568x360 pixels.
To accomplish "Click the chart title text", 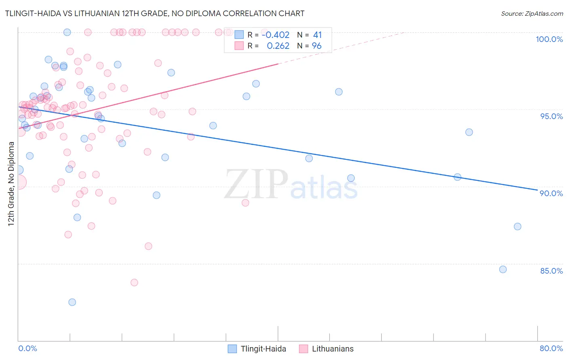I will coord(155,14).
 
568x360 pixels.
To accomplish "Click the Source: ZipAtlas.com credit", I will coord(532,14).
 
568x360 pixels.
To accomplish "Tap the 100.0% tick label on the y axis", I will coord(549,39).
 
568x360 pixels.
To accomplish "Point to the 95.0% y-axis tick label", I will coord(551,116).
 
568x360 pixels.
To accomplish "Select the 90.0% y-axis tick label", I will coord(551,193).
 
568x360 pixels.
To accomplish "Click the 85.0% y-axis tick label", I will coord(551,271).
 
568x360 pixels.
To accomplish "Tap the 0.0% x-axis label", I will coord(27,348).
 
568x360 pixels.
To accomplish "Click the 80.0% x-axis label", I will coord(551,348).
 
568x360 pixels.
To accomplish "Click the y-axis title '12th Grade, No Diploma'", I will coord(11,184).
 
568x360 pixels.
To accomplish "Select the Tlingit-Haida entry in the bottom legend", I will coord(263,349).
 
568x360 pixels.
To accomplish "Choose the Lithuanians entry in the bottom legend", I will coord(332,349).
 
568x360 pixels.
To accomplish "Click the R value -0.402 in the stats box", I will coord(276,35).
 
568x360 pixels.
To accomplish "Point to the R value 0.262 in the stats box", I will coord(278,46).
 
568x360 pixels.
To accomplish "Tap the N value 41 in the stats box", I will coord(317,35).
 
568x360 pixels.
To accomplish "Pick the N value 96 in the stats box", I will coord(317,46).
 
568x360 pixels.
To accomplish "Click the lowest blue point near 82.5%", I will coord(72,302).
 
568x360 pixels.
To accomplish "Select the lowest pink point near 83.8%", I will coord(135,283).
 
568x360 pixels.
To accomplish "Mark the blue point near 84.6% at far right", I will coord(503,270).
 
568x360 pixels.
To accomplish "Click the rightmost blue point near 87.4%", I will coord(518,226).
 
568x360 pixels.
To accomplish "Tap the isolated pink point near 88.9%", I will coord(245,203).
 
